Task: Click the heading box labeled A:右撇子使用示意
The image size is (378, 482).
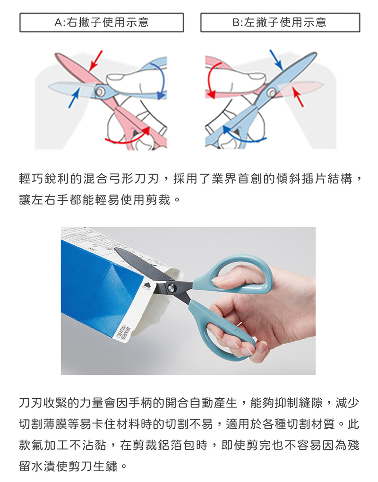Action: [102, 22]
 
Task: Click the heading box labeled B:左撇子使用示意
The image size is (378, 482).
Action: [280, 22]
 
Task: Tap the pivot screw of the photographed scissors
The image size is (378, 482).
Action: [171, 288]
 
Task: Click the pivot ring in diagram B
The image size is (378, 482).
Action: [271, 92]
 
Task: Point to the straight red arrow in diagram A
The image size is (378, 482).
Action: [95, 61]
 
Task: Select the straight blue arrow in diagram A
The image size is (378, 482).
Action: [74, 97]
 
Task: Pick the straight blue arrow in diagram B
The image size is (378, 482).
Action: [276, 60]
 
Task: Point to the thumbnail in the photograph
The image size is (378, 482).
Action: [219, 279]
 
